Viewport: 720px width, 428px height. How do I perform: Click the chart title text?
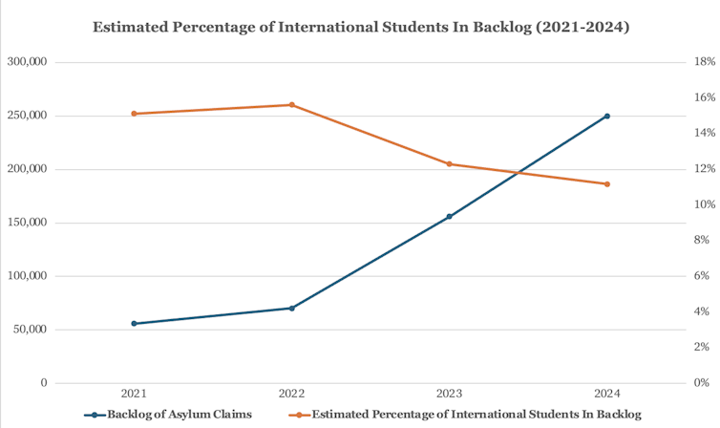pos(361,28)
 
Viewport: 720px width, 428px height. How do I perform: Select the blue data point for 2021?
pos(134,324)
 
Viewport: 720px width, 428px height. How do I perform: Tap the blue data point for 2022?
pos(291,308)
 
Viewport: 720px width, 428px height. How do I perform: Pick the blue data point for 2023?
pos(449,217)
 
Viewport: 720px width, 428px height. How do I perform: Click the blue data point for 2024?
pos(606,117)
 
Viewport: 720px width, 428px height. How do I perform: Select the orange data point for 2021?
pos(134,114)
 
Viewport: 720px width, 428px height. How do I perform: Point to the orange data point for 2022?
pos(291,105)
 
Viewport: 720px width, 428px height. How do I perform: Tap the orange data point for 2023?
pos(449,164)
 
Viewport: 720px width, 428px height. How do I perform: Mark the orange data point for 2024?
pos(606,184)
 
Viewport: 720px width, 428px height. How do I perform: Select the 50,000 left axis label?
pos(30,330)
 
